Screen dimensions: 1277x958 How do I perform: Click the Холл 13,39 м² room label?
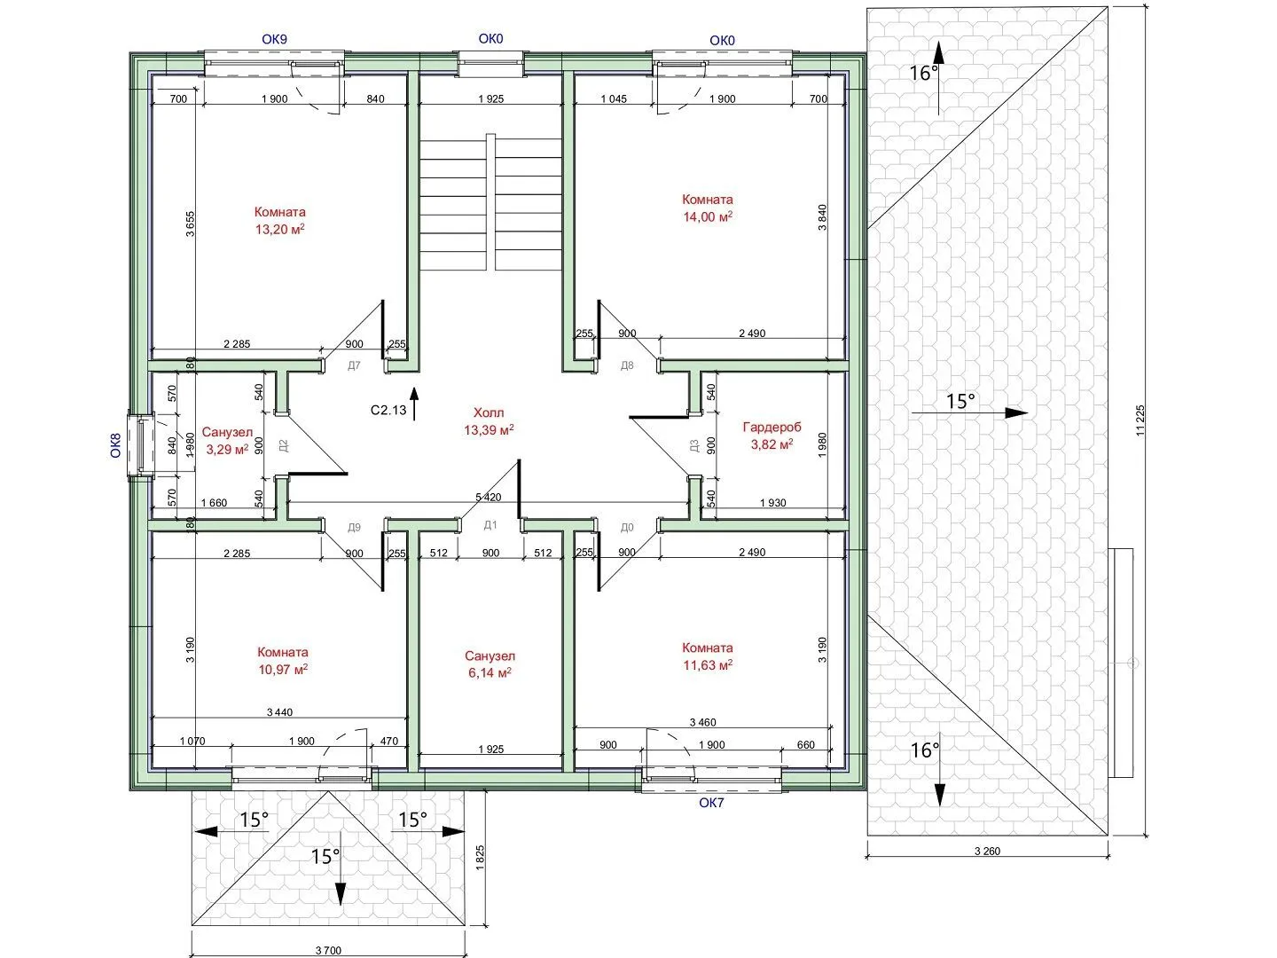(489, 421)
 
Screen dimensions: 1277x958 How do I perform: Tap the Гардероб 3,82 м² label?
(772, 436)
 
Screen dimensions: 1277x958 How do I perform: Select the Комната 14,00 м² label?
(708, 208)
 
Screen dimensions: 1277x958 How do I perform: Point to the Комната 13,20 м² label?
(280, 221)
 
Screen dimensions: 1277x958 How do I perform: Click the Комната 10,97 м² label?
(283, 661)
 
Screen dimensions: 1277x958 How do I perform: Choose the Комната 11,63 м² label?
(708, 656)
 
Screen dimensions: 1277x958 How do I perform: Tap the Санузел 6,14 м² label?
(490, 664)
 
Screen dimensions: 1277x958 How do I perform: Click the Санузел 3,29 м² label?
(228, 440)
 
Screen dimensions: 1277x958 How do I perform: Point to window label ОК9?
(275, 40)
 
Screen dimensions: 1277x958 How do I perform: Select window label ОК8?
(116, 445)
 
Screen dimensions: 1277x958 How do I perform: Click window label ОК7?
(711, 804)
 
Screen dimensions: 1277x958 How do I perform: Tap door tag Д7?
(355, 365)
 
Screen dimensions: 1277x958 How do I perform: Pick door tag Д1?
(490, 525)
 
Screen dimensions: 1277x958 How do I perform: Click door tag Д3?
(694, 446)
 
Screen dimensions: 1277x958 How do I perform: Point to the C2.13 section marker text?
(388, 410)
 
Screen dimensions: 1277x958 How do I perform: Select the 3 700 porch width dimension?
(329, 950)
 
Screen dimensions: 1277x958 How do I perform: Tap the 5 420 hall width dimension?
(488, 498)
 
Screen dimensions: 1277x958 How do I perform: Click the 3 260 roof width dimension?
(987, 851)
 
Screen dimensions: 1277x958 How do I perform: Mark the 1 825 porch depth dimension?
(480, 858)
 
